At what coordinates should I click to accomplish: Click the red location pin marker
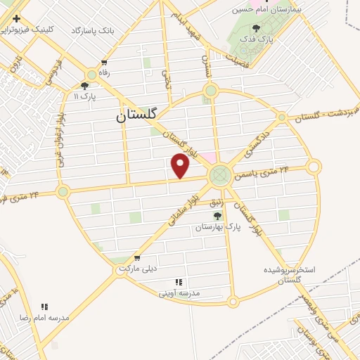(181, 166)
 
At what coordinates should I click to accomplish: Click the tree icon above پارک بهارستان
(217, 217)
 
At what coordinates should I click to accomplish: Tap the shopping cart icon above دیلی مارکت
(136, 258)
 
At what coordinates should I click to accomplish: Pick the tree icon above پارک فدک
(254, 29)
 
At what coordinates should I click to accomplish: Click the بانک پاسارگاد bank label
(93, 31)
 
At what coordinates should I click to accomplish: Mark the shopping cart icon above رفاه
(105, 63)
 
